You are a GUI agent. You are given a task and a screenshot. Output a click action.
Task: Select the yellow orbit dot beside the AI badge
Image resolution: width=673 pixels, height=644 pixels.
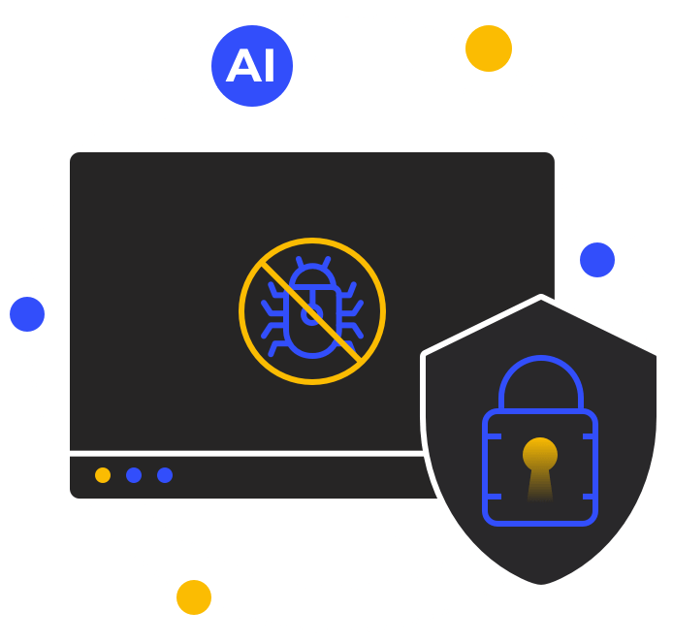point(489,48)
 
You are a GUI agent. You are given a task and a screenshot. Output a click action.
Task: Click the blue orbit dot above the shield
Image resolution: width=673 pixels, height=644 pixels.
point(597,260)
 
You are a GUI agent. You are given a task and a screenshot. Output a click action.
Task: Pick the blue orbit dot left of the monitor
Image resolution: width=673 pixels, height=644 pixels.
point(27,314)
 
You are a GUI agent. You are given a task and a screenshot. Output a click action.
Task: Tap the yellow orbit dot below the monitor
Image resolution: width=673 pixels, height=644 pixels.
point(194,597)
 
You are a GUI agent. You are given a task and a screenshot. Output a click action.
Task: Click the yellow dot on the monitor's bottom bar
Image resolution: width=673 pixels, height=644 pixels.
point(103,475)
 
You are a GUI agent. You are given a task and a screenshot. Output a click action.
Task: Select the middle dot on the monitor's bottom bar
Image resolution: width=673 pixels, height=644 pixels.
point(134,475)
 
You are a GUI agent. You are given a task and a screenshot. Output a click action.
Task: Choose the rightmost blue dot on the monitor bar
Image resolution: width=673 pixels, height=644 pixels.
point(165,475)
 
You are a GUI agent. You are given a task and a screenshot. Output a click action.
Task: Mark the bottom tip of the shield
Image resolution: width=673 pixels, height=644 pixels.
point(541,586)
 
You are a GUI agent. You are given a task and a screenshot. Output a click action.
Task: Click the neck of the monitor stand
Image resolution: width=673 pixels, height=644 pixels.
point(312,520)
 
